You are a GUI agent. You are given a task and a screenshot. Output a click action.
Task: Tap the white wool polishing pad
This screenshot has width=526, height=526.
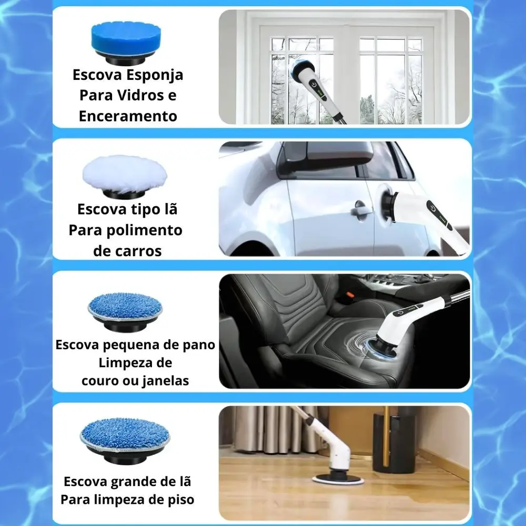click(125, 177)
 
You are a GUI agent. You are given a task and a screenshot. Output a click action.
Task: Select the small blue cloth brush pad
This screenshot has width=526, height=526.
click(125, 311)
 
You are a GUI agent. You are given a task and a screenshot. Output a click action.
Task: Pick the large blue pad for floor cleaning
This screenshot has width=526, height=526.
click(125, 441)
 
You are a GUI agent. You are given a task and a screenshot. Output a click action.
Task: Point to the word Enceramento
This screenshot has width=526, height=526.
click(128, 116)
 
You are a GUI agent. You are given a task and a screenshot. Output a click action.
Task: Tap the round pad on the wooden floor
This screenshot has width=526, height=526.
click(338, 480)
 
